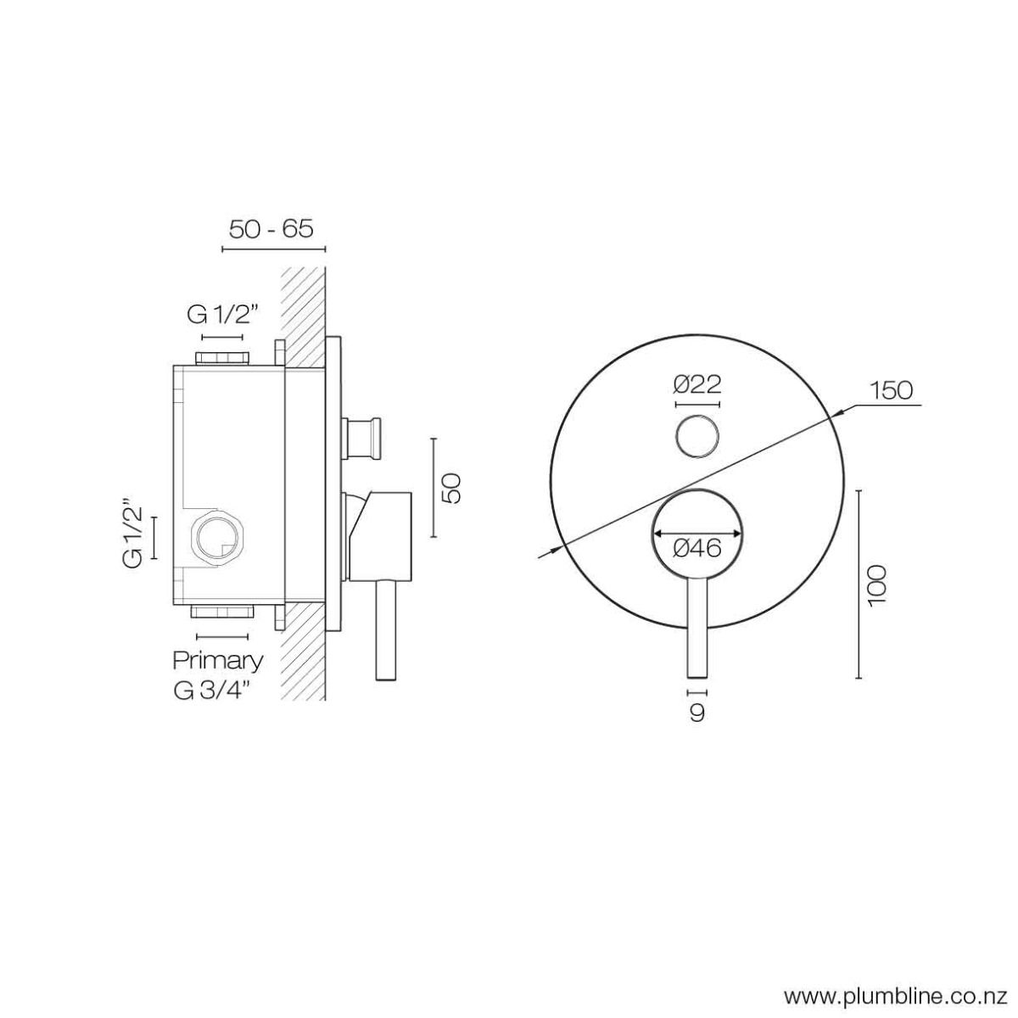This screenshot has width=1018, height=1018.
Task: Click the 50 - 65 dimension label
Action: coord(271,229)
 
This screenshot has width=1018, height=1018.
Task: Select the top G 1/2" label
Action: coord(221,316)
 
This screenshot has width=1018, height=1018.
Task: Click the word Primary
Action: coord(218,660)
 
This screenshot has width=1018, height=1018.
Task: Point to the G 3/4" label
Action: coord(210,690)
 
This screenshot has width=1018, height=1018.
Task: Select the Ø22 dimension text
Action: coord(697,384)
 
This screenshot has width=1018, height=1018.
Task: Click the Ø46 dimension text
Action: coord(697,549)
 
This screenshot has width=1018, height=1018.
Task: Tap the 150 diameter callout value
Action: coord(891,390)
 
